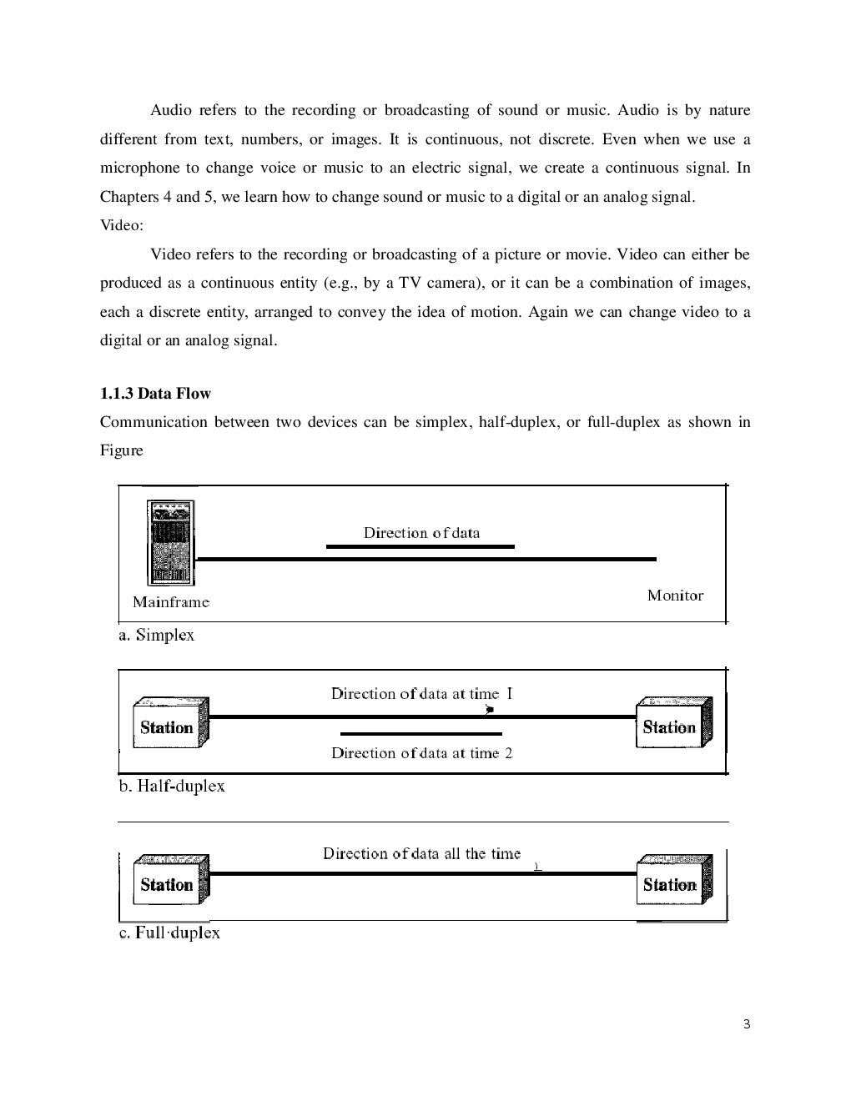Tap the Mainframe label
(171, 602)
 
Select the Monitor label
(675, 596)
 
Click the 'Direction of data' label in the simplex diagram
(421, 533)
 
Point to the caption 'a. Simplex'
(156, 636)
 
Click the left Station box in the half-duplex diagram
(170, 724)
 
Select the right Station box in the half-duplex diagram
(674, 723)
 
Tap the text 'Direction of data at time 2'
(421, 753)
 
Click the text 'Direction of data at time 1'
(421, 694)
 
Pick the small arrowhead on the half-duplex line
(491, 710)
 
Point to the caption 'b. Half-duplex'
(172, 787)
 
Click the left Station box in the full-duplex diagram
(170, 881)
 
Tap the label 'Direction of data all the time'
(421, 853)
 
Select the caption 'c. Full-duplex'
(169, 933)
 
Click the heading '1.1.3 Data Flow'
(155, 394)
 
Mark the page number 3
(747, 1024)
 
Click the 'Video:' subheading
(122, 225)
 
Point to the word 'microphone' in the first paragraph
(139, 168)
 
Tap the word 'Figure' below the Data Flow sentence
(122, 450)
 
